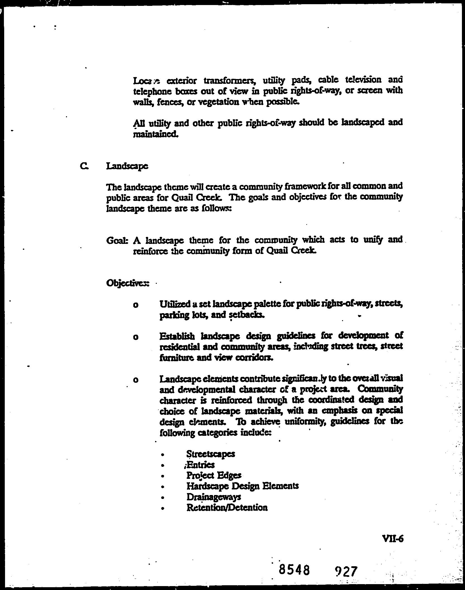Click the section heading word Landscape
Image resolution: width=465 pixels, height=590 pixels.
127,166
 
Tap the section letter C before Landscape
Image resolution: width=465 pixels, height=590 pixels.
83,166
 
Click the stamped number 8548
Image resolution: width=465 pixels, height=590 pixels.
295,570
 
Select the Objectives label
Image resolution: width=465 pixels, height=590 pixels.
127,283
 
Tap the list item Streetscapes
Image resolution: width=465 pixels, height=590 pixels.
210,454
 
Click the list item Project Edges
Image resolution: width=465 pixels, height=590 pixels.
214,475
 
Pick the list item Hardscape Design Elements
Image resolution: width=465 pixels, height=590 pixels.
243,486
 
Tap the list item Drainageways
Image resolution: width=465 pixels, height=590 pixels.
213,497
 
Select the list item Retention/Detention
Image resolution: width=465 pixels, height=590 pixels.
227,508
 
